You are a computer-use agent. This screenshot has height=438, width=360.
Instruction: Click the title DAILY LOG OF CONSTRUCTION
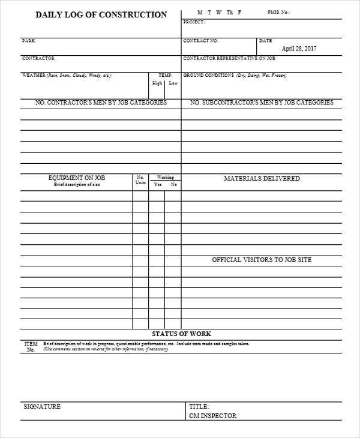coord(101,14)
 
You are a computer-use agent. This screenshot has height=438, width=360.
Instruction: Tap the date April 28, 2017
coord(299,49)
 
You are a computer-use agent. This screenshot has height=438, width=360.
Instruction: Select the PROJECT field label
coord(194,22)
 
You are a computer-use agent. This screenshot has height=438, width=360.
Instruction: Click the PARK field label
coord(28,41)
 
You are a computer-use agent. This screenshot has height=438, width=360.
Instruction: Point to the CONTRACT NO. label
coord(200,41)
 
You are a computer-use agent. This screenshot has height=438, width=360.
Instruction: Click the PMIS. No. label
coord(278,12)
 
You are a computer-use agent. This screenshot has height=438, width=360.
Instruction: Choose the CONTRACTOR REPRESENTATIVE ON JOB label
coord(229,59)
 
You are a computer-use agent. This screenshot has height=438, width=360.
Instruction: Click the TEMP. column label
coord(165,76)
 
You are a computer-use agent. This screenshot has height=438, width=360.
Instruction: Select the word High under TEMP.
coord(157,83)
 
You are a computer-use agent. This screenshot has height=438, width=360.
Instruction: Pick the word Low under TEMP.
coord(173,83)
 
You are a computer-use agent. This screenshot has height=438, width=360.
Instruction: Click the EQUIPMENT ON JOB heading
coord(77,178)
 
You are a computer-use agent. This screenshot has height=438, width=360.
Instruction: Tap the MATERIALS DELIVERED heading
coord(262,179)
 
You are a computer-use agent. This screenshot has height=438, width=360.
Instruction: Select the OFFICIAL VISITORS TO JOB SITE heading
coord(262,260)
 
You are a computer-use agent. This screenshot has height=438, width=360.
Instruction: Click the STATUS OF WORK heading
coord(181,334)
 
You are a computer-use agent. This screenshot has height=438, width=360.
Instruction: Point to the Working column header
coord(165,178)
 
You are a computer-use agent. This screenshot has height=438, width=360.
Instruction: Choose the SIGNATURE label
coord(42,407)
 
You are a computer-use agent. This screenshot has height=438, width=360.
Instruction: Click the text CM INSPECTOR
coord(212,415)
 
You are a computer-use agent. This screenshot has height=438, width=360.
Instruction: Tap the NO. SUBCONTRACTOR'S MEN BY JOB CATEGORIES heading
coord(262,103)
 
